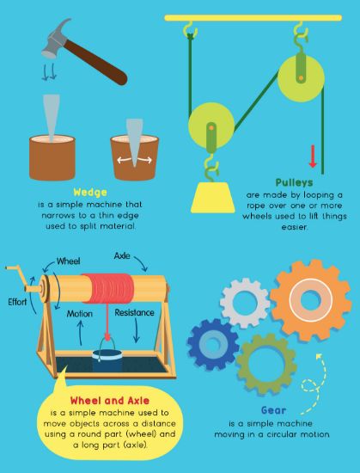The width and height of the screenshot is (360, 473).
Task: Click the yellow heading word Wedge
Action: pos(90,192)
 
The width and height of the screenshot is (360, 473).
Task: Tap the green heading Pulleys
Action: pos(294,182)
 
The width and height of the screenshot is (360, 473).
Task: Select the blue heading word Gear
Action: pos(273,410)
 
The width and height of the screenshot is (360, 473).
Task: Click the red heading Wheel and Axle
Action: pos(110,401)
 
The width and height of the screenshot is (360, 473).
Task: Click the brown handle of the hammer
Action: pos(95,62)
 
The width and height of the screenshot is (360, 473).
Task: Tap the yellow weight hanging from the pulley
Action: pos(213,197)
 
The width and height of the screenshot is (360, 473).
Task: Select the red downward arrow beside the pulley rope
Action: pos(313,157)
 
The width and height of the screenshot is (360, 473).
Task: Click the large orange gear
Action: pos(310,300)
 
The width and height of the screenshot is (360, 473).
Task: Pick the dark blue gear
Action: pos(213,345)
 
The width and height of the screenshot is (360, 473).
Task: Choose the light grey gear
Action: pos(245,303)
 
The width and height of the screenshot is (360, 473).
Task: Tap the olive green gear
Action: pos(266,364)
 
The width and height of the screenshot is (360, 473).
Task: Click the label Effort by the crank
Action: pos(17,302)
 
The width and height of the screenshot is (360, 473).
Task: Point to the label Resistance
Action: pos(134,312)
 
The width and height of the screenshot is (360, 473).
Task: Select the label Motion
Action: pos(80,314)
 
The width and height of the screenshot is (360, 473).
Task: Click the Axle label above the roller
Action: pos(122,256)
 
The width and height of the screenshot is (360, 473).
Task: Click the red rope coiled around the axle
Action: pos(108,288)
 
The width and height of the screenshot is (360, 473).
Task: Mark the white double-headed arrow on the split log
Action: pos(134,160)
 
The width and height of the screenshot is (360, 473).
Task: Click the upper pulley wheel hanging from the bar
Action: pos(301,77)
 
